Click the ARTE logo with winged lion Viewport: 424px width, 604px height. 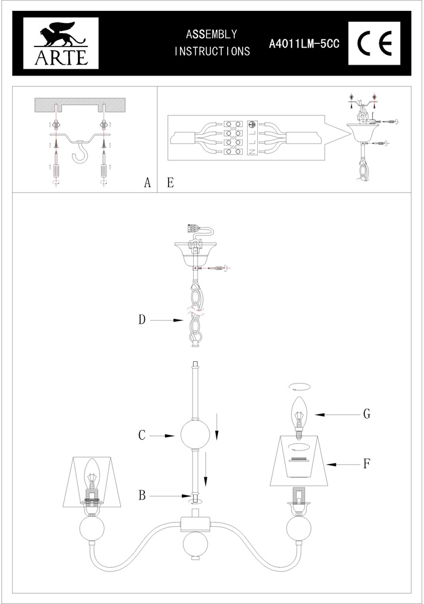click(61, 43)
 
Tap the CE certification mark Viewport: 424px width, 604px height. click(374, 43)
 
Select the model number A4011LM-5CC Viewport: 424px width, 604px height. click(304, 44)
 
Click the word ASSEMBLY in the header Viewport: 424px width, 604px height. click(211, 34)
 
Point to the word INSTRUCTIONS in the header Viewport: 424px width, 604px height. click(212, 51)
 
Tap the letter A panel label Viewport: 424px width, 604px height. click(147, 182)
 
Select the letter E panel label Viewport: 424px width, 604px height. click(170, 182)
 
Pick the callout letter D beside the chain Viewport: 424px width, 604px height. click(143, 320)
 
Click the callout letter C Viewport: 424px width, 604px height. click(142, 435)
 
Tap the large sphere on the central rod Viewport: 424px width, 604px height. click(195, 434)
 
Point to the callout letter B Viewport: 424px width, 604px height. click(142, 495)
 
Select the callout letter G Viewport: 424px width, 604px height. click(367, 414)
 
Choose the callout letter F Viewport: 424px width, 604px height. click(367, 464)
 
